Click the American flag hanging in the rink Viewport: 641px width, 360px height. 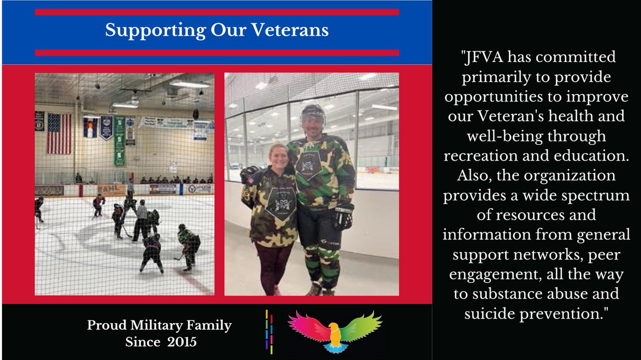coord(58,133)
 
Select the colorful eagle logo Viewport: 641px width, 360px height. coord(335,330)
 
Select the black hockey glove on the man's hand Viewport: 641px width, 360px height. coord(344,215)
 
